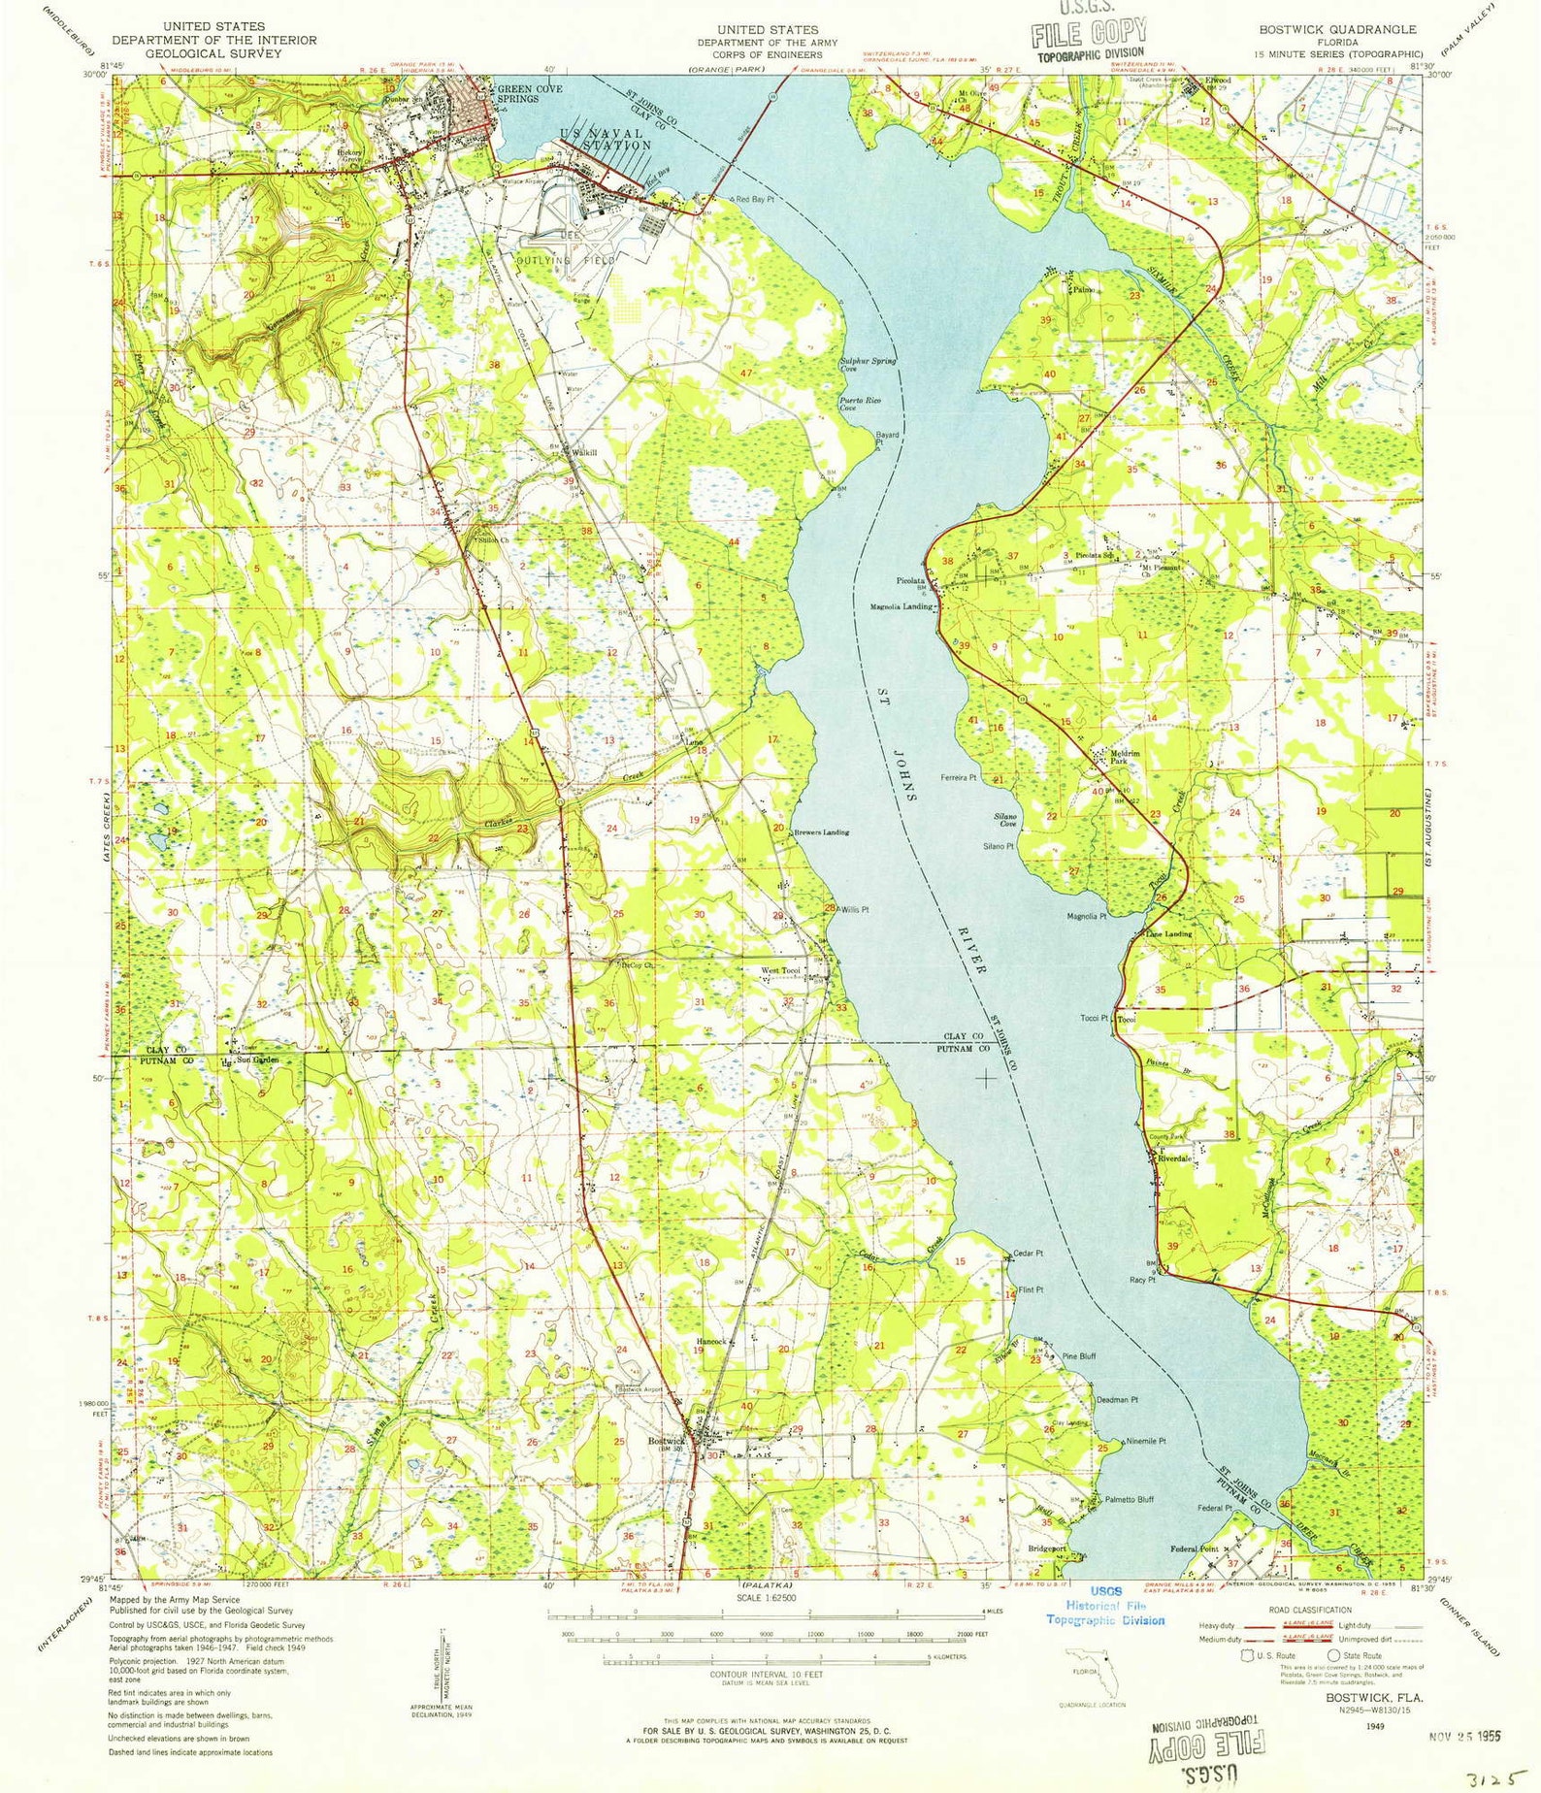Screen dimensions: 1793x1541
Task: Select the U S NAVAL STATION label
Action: (607, 140)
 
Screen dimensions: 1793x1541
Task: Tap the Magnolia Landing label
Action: (901, 607)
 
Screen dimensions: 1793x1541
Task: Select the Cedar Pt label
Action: (1028, 1253)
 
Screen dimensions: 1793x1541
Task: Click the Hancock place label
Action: (710, 1342)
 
